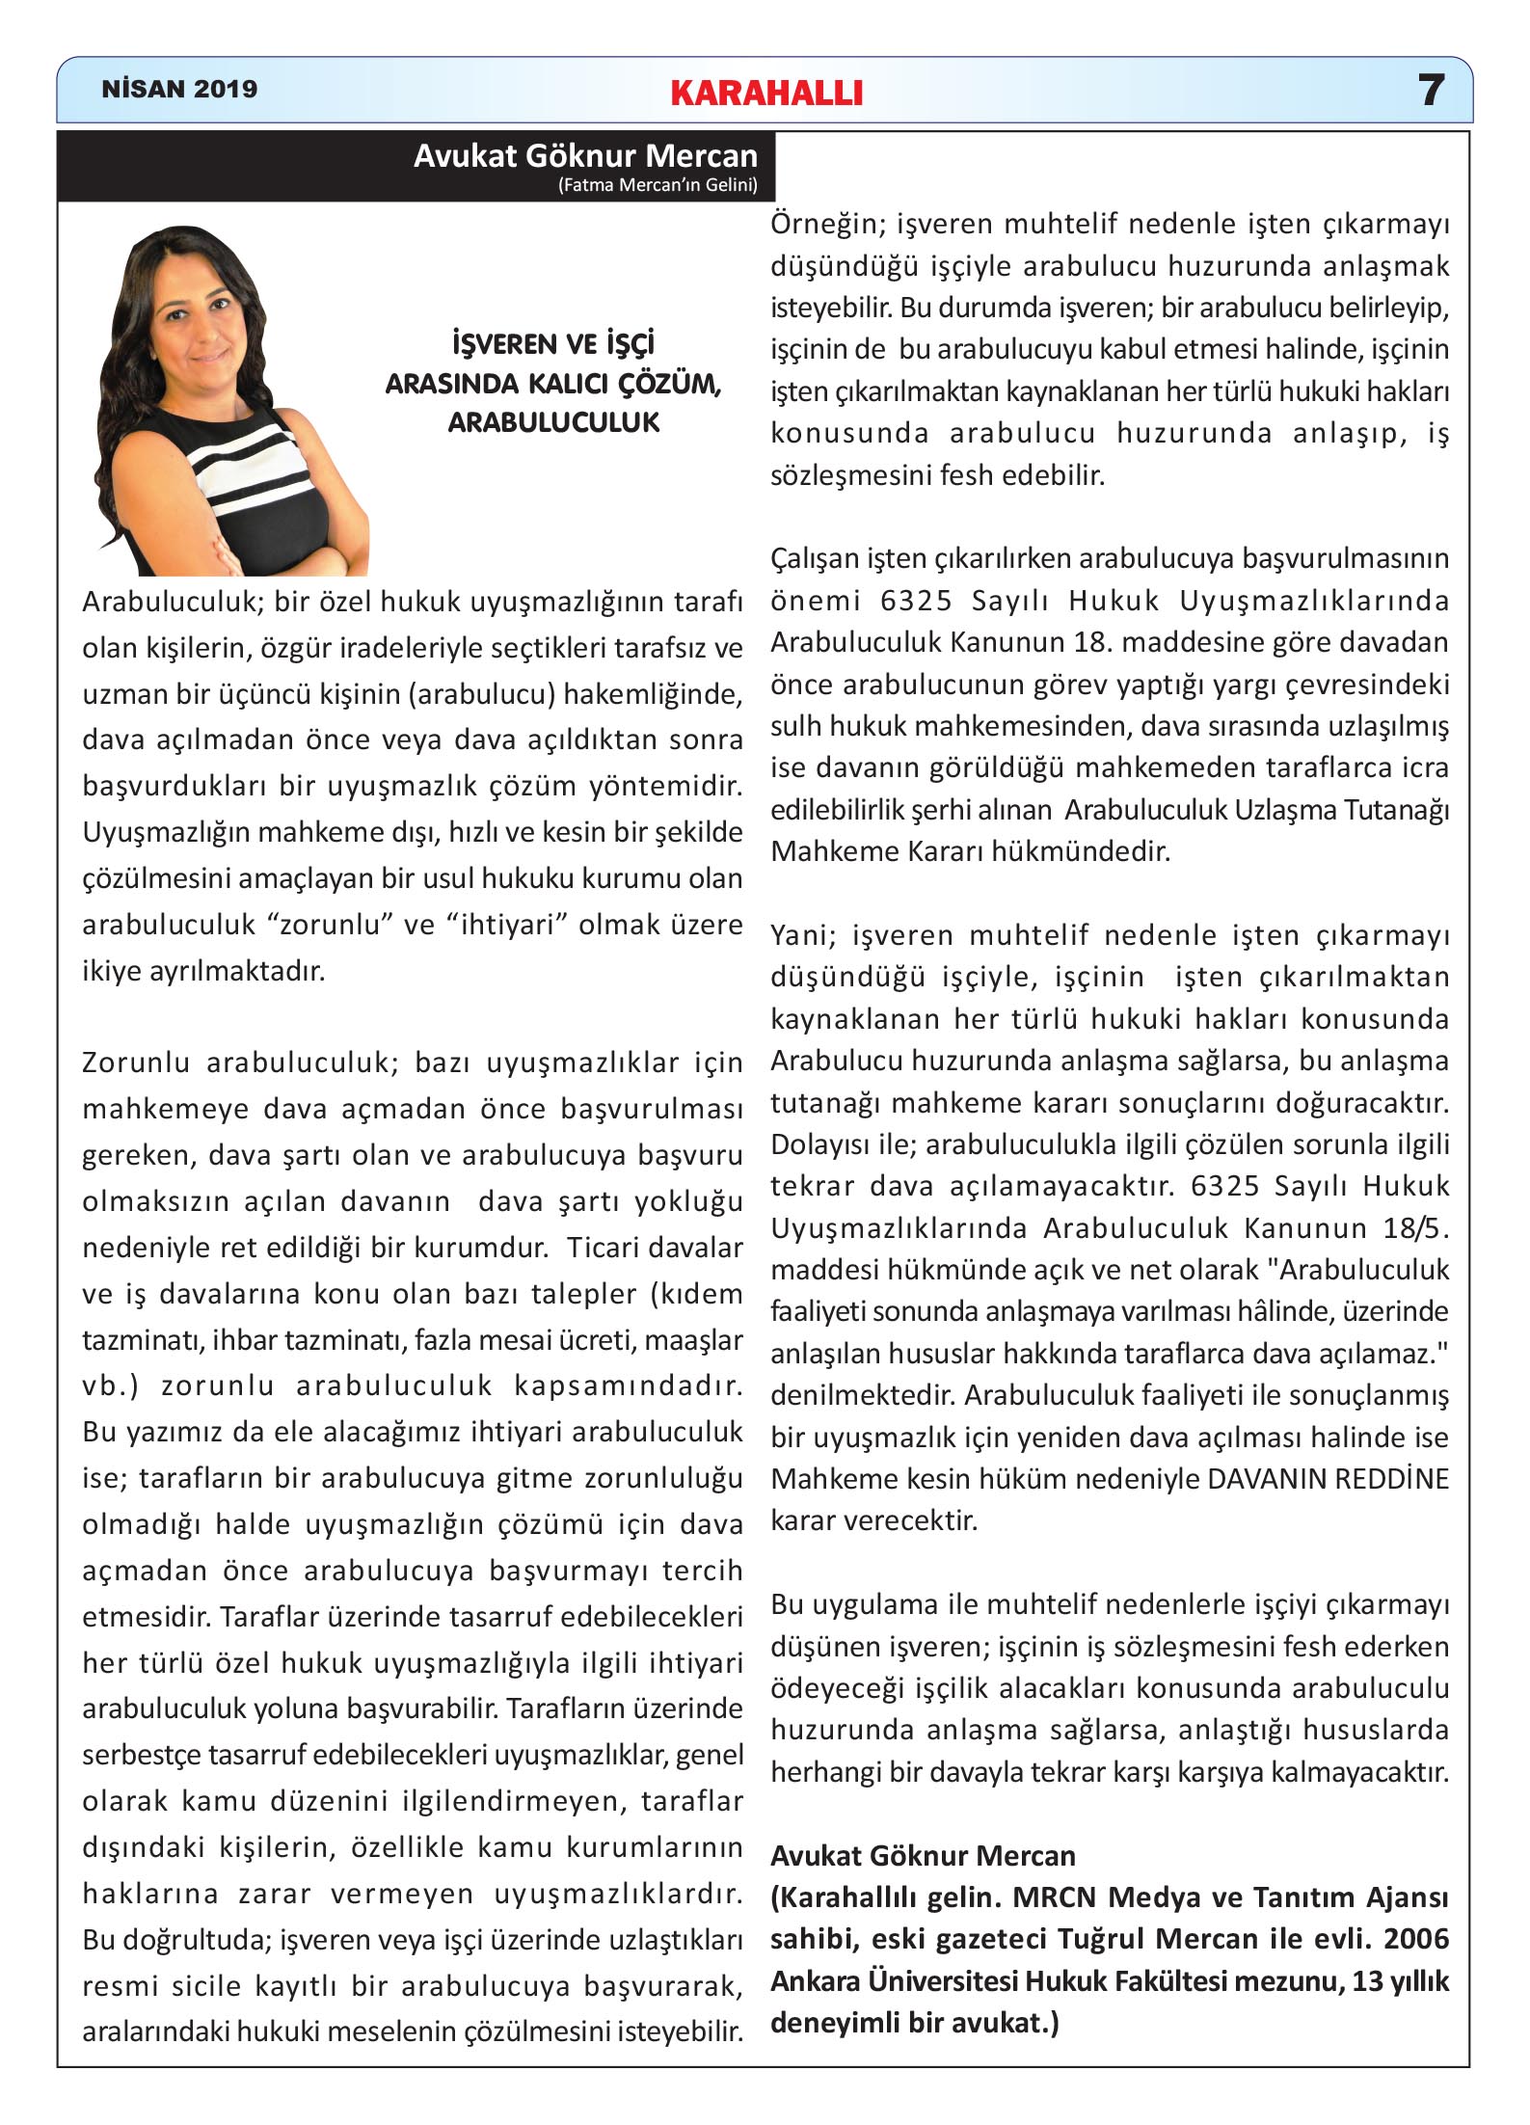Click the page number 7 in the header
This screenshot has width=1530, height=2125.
pyautogui.click(x=1431, y=91)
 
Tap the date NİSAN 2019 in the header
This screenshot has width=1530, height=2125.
pyautogui.click(x=179, y=90)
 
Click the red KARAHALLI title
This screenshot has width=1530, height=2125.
pyautogui.click(x=766, y=94)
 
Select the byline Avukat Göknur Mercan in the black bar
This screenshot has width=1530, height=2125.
pyautogui.click(x=585, y=156)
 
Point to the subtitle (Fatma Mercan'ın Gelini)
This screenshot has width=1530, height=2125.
pyautogui.click(x=658, y=185)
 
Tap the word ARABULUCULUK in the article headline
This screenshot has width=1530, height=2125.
pyautogui.click(x=553, y=422)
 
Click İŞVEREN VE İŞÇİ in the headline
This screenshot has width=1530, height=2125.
pyautogui.click(x=553, y=344)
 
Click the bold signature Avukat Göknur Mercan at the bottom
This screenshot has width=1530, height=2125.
pyautogui.click(x=923, y=1856)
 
